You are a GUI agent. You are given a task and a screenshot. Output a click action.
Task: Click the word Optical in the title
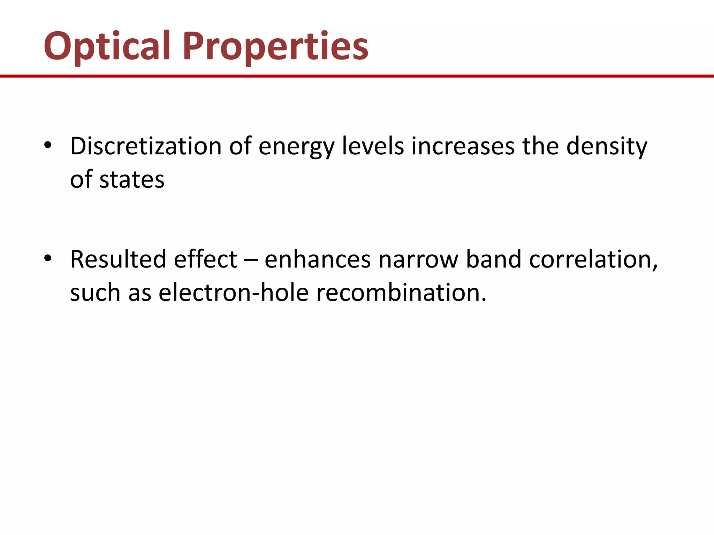(107, 46)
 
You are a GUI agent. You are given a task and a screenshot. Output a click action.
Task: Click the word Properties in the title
(275, 46)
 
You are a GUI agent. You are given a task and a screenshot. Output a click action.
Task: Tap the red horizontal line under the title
(357, 76)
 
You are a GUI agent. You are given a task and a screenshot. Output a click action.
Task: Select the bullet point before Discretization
(48, 145)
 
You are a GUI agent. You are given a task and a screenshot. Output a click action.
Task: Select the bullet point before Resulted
(48, 259)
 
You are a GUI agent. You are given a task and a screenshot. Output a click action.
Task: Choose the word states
(132, 180)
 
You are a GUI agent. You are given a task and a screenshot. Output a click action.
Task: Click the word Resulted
(118, 259)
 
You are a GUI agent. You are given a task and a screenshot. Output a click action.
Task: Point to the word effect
(206, 259)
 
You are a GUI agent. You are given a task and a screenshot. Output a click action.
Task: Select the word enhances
(318, 259)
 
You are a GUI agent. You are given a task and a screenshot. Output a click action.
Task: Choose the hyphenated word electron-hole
(234, 292)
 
